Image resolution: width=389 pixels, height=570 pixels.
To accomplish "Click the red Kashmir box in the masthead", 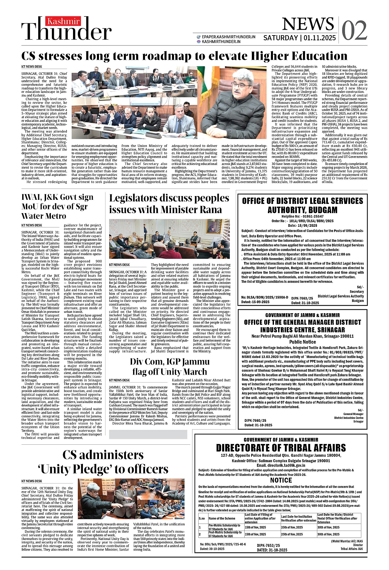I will coord(64,21).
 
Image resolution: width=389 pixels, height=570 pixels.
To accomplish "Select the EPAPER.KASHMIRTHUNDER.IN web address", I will coord(228,37).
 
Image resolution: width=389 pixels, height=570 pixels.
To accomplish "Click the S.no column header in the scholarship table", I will coord(202,518).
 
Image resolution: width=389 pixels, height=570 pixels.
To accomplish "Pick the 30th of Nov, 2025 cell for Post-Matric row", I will coord(328,534).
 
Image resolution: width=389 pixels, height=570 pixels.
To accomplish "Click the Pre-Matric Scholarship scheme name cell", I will coord(225,527).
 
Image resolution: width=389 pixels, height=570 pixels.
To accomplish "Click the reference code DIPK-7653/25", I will coord(269,546).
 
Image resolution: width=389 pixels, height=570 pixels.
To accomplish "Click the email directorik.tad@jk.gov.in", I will coord(281,465).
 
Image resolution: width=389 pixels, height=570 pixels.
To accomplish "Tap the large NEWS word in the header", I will coord(308,24).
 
